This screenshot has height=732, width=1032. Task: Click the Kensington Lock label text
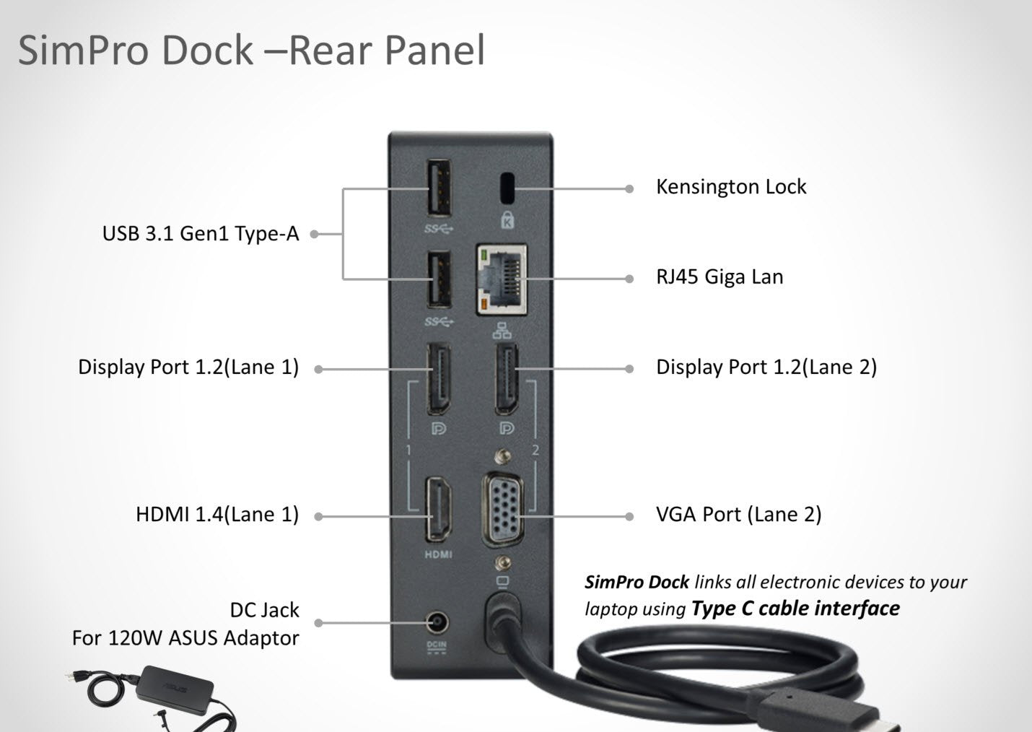(x=730, y=187)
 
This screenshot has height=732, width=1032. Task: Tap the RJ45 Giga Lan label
(x=719, y=277)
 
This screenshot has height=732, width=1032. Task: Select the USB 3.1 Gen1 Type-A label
(x=200, y=234)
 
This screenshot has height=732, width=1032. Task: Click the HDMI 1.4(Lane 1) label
(x=217, y=515)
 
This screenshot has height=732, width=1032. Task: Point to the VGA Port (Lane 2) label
(x=738, y=515)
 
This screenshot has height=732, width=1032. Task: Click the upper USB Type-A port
(x=439, y=188)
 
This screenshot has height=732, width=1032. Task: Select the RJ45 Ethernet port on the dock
(x=502, y=279)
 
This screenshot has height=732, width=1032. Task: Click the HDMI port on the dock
(x=437, y=510)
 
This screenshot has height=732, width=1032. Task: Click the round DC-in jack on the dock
(x=436, y=622)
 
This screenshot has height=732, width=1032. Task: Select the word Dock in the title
(x=206, y=51)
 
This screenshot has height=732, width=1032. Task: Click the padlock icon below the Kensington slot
(x=507, y=219)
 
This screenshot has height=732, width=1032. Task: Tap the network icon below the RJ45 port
(x=502, y=331)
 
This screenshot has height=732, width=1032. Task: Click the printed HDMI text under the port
(x=437, y=554)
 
